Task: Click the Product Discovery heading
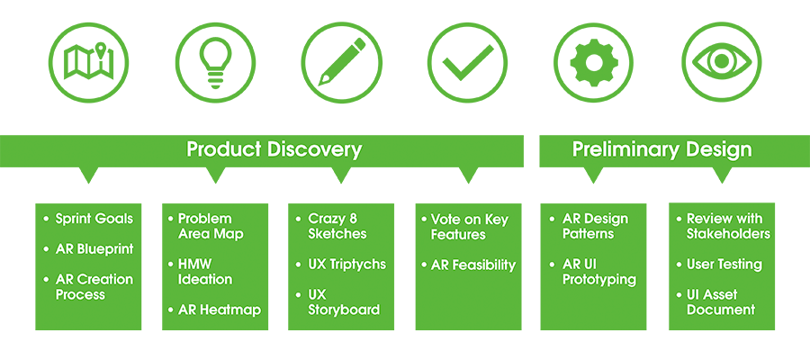(x=274, y=149)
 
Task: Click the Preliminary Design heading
(x=661, y=149)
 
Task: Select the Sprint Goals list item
(x=94, y=219)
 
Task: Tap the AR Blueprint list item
(x=94, y=249)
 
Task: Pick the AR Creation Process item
(x=94, y=287)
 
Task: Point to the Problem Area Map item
(x=210, y=226)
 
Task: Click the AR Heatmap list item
(x=219, y=310)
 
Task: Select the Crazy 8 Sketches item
(x=337, y=226)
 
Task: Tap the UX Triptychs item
(x=346, y=265)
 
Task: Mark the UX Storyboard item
(x=344, y=302)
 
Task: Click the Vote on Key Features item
(x=469, y=227)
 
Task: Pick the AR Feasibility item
(x=472, y=265)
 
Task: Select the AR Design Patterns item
(x=595, y=226)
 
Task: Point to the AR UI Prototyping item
(x=598, y=272)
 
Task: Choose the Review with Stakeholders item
(x=728, y=226)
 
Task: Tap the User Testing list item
(x=724, y=265)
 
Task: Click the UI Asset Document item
(x=720, y=302)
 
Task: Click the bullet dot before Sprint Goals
(x=47, y=219)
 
